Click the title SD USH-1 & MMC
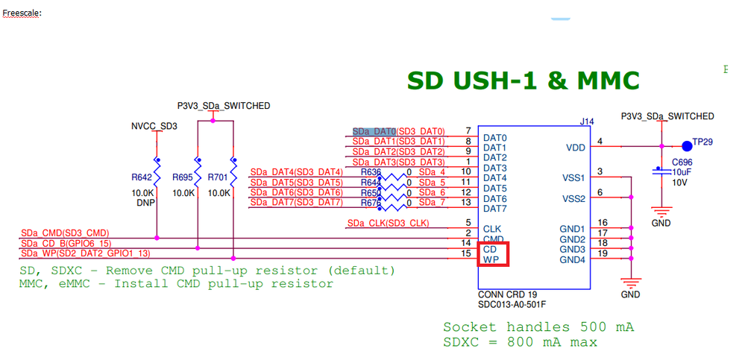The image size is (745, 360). pos(523,80)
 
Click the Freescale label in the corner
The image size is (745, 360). pos(22,13)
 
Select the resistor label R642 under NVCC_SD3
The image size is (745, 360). pos(141,177)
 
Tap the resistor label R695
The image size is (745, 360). pos(182,177)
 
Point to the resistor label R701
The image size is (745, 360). pos(219,177)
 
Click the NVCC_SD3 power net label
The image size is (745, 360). pos(154,126)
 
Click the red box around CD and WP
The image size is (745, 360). pos(494,254)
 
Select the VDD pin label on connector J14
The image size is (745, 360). pos(575,148)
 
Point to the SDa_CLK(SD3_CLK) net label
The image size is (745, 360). pos(389,223)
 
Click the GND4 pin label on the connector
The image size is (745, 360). pos(573,259)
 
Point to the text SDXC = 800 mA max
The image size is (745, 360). pos(520,342)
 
